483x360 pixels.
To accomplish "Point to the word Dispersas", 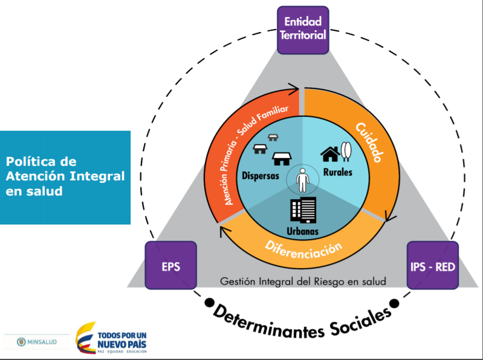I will tap(260, 176).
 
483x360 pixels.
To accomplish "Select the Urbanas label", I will tap(303, 231).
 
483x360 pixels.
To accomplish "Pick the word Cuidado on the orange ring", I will tap(368, 143).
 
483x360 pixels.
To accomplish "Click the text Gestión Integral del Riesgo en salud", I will tap(303, 281).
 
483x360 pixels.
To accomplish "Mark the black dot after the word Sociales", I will tap(394, 302).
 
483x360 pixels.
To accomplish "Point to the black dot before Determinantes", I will tap(210, 301).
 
